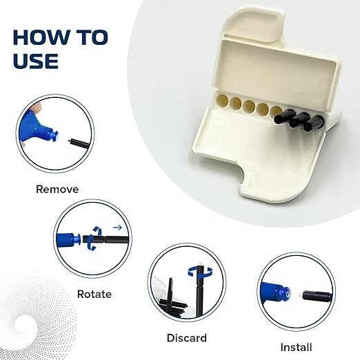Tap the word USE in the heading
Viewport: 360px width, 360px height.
[x=35, y=61]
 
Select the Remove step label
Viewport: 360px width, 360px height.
[x=57, y=189]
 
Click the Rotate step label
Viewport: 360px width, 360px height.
[x=94, y=294]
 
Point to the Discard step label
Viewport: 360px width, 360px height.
[x=186, y=338]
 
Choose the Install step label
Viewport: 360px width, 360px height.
[x=296, y=347]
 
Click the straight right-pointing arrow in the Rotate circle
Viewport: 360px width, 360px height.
[x=117, y=226]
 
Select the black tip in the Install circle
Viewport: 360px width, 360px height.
[x=317, y=296]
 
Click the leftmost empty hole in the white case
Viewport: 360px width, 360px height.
[x=221, y=102]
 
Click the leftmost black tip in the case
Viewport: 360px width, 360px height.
[x=283, y=118]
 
